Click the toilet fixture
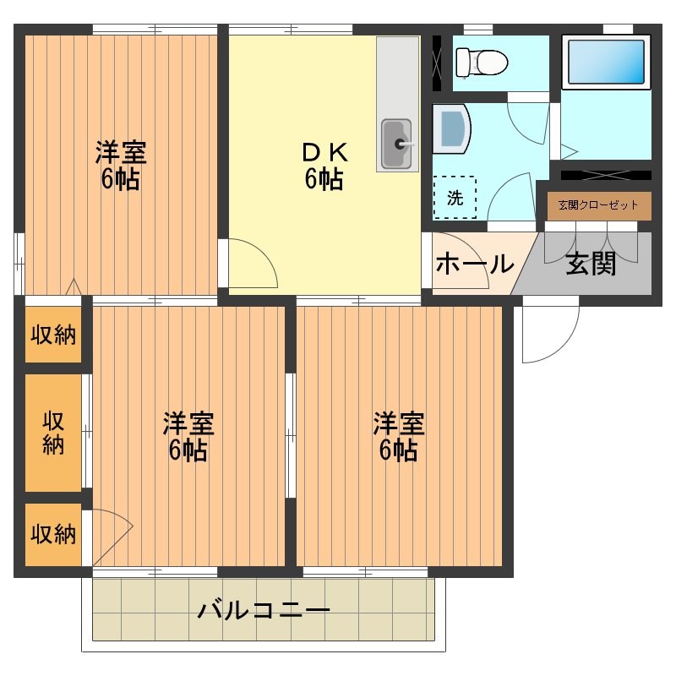tap(480, 61)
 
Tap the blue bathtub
tap(606, 62)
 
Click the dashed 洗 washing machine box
tap(455, 198)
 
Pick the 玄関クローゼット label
tap(598, 205)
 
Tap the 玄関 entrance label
tap(591, 264)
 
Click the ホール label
tap(474, 264)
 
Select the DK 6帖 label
tap(324, 166)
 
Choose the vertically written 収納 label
tap(53, 433)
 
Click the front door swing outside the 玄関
tap(548, 330)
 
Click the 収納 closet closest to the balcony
tap(53, 534)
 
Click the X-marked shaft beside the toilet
tap(438, 63)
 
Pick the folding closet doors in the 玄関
tap(591, 245)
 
